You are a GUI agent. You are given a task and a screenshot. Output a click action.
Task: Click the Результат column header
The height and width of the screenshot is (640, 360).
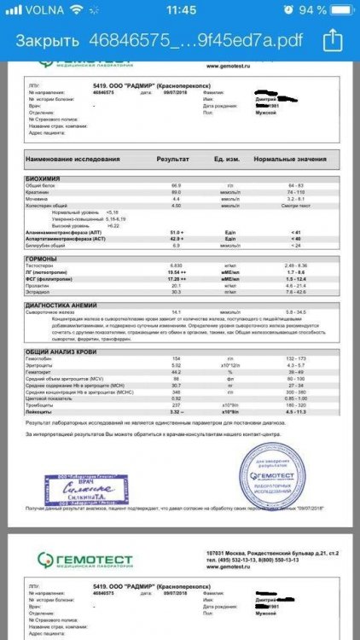pyautogui.click(x=173, y=160)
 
